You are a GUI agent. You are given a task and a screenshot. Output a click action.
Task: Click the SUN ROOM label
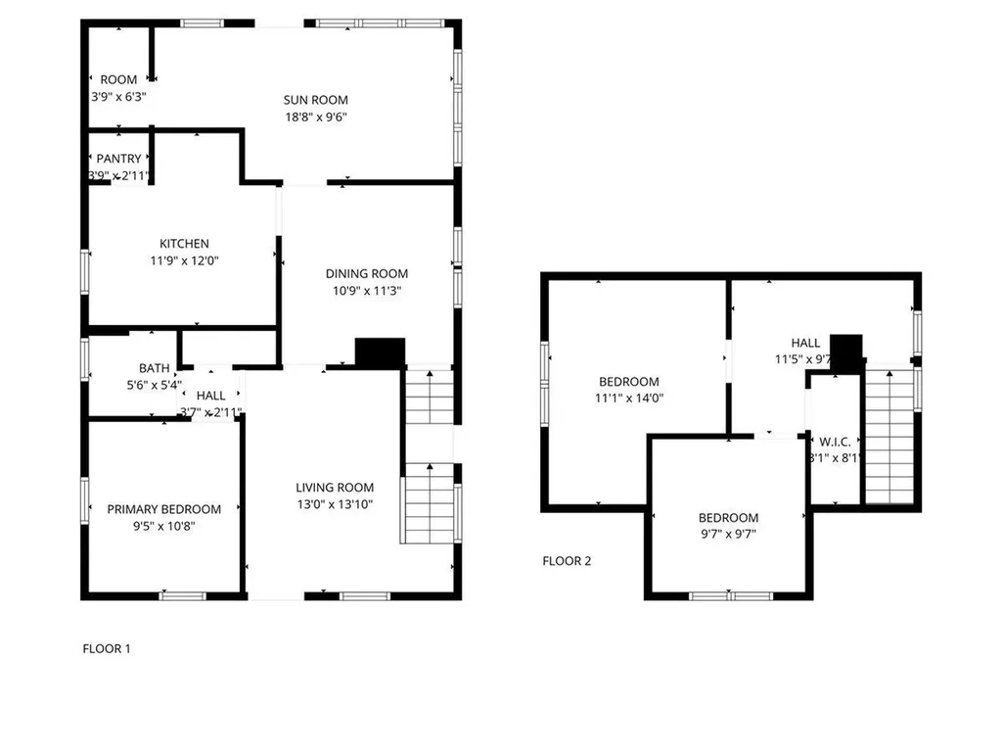click(315, 100)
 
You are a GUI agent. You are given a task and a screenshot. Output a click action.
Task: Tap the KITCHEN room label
click(184, 244)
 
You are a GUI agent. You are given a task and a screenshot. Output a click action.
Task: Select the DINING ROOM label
click(367, 274)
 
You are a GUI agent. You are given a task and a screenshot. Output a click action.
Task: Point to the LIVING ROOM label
click(335, 488)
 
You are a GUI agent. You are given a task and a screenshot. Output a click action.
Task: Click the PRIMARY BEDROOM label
click(163, 509)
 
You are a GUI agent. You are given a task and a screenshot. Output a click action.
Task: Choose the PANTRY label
click(118, 159)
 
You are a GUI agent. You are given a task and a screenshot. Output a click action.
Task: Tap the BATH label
click(154, 369)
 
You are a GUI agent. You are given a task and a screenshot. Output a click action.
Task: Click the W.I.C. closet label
click(835, 440)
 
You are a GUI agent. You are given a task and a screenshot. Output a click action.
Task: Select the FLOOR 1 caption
click(106, 648)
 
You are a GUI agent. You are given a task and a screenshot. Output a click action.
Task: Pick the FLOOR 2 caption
click(567, 561)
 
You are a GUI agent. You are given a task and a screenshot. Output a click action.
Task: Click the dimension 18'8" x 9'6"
click(315, 117)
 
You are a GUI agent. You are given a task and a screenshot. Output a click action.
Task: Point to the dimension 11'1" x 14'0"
click(628, 399)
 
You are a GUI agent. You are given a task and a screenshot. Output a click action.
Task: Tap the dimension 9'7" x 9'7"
click(727, 535)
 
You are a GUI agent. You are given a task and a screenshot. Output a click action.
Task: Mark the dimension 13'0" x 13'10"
click(335, 504)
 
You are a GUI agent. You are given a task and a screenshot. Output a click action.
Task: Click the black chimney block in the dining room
click(380, 352)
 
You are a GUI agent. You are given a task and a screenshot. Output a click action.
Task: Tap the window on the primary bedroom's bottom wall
click(182, 594)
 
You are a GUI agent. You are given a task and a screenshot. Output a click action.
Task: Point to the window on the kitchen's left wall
click(84, 270)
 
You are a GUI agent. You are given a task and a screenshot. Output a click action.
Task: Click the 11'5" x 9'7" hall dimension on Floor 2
click(803, 359)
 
